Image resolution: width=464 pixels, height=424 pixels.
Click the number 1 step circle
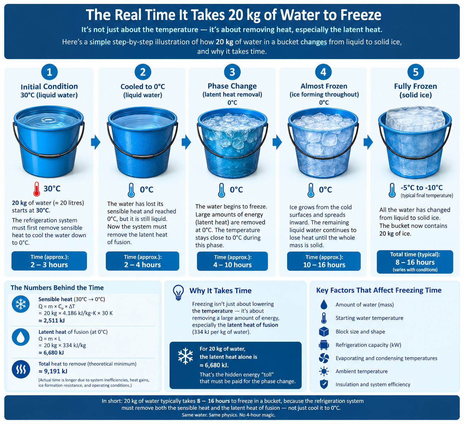tap(49, 72)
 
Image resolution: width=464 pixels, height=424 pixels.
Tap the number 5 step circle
tap(416, 72)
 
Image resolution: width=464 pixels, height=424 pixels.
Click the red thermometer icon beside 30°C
tap(36, 189)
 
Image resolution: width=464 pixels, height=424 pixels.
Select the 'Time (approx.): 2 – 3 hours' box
tap(49, 261)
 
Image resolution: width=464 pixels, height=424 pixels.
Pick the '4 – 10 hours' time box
tap(232, 261)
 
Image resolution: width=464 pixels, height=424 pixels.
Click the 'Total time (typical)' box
tap(415, 262)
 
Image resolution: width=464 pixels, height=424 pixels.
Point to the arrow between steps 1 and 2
tap(95, 142)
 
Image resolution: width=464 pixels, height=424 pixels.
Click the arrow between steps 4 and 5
tap(368, 142)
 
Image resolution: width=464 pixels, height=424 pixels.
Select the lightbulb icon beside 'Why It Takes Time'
tap(178, 292)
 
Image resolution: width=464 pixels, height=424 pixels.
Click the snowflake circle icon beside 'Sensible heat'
tap(21, 304)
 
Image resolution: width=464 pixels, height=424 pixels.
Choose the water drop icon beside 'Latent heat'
tap(21, 337)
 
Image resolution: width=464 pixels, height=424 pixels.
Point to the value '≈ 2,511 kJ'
tap(52, 321)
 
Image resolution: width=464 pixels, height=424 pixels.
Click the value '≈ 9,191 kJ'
tap(53, 371)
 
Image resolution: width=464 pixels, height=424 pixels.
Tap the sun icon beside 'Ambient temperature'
tap(324, 371)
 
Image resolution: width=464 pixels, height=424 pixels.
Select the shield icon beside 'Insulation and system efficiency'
tap(324, 384)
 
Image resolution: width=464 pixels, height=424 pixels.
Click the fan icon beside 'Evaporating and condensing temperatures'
tap(324, 358)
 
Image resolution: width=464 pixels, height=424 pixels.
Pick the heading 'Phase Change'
tap(232, 86)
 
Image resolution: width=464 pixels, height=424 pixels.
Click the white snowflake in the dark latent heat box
tap(185, 356)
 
